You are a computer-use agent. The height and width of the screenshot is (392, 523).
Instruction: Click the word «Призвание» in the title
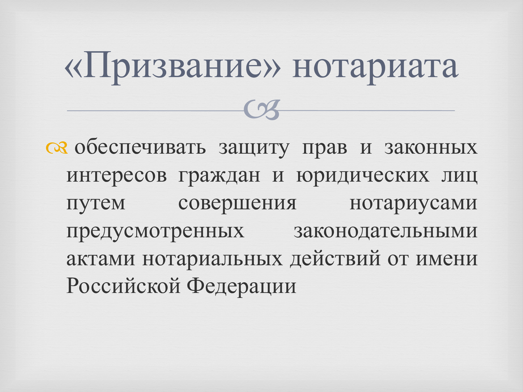pyautogui.click(x=173, y=67)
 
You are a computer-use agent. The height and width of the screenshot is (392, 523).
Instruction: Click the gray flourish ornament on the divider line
pyautogui.click(x=261, y=110)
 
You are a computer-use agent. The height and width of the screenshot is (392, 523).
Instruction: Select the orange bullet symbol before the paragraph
pyautogui.click(x=56, y=148)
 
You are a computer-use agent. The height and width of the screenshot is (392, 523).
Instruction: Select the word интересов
pyautogui.click(x=117, y=176)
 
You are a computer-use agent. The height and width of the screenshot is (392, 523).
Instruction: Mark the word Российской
pyautogui.click(x=123, y=286)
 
